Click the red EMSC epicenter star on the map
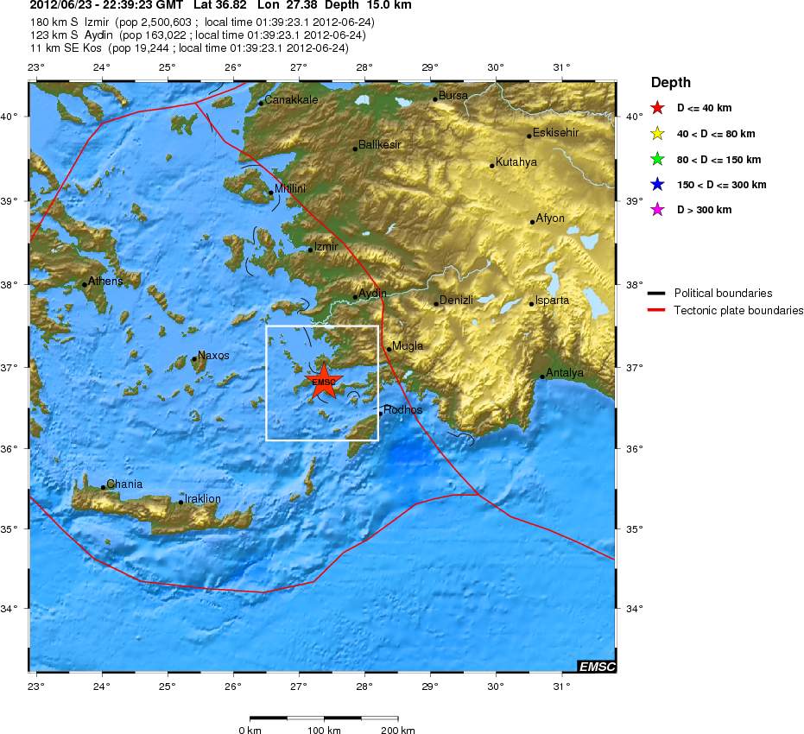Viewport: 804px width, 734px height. [x=324, y=383]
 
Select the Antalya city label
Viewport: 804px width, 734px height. [x=565, y=373]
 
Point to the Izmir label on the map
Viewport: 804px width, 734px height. [x=326, y=247]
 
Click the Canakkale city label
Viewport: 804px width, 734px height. [x=291, y=100]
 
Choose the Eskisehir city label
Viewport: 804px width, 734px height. [x=555, y=133]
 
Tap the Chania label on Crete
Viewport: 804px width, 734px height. [x=124, y=484]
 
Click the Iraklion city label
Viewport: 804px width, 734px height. [x=203, y=499]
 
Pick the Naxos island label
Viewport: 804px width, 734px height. [x=213, y=356]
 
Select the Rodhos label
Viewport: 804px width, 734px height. [x=402, y=410]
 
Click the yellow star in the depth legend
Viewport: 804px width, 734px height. [x=657, y=134]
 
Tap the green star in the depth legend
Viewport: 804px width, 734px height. [x=657, y=159]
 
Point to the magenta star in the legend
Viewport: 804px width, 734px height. [x=657, y=210]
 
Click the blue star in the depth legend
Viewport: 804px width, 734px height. [x=657, y=185]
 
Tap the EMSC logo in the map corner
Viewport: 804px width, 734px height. [x=597, y=666]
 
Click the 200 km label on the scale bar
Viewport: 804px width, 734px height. [x=397, y=731]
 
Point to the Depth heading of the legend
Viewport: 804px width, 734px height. [x=670, y=83]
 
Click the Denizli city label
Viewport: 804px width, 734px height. [x=456, y=301]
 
